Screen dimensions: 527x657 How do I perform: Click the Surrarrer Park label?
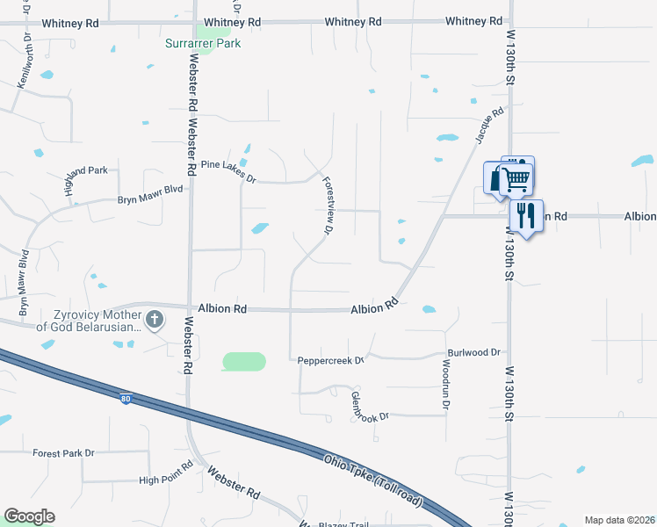click(203, 42)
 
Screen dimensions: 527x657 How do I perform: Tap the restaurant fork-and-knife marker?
click(525, 215)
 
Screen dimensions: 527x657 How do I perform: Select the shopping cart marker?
click(516, 178)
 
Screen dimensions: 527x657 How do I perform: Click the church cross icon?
click(155, 319)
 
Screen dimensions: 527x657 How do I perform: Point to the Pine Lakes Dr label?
click(227, 171)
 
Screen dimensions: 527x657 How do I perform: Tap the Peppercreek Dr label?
click(330, 360)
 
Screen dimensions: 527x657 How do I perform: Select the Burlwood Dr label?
click(473, 352)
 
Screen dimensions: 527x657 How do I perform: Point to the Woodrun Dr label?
click(445, 386)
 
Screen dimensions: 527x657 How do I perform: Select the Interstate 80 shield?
click(126, 400)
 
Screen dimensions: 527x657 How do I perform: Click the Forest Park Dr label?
click(62, 453)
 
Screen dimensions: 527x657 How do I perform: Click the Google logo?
click(29, 516)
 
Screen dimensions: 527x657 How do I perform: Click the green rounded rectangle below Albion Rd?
click(244, 361)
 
